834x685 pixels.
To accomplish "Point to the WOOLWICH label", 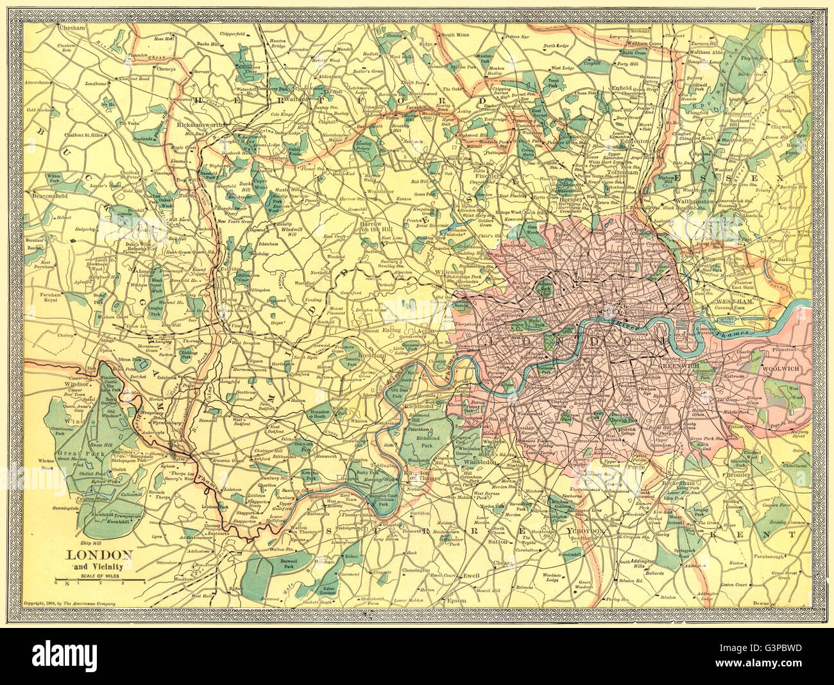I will (781, 370).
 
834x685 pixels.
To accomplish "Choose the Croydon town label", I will (576, 531).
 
